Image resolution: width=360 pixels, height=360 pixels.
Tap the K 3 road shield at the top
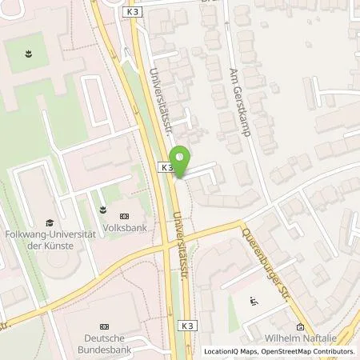tap(132, 13)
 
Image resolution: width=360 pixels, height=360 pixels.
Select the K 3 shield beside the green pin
tap(166, 168)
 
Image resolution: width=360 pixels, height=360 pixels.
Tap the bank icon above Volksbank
tap(123, 215)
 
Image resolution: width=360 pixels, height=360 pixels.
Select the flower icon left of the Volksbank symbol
tap(102, 210)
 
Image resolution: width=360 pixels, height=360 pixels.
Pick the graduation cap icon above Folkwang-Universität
tap(50, 223)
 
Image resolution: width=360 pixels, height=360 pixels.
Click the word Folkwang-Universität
tap(50, 234)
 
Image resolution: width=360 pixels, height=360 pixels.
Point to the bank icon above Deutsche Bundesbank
tap(104, 327)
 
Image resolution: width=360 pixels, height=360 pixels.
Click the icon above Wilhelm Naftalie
tap(300, 326)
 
